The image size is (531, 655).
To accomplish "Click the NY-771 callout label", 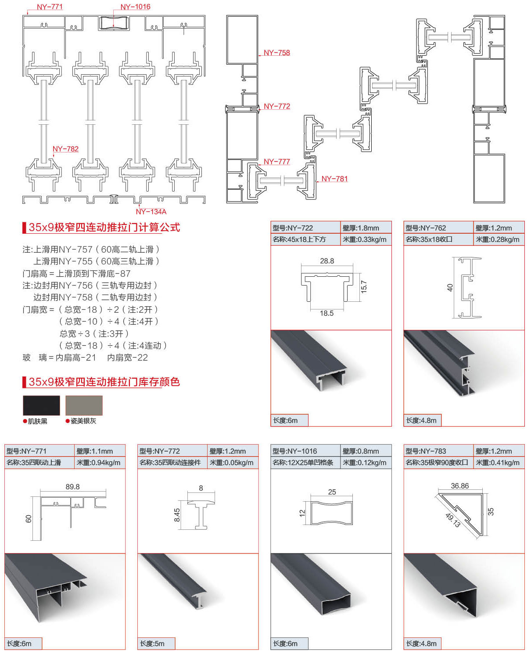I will coord(50,7).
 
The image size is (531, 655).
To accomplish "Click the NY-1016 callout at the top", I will coord(135,7).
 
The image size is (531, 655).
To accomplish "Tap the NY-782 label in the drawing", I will coord(65,149).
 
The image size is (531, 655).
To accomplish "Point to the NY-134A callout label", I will coord(151,212).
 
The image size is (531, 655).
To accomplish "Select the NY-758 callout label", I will coord(276,53).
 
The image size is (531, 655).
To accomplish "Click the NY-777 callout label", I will coord(276,162).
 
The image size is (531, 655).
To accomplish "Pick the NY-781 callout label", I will coord(334,179).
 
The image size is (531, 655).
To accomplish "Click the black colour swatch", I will coord(41,405).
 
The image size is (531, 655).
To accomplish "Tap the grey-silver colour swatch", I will coord(84,405).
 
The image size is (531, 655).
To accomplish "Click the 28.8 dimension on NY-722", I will coord(327,261).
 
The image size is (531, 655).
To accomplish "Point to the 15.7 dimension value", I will coord(364,286).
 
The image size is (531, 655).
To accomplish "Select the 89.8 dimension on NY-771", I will coord(72,487).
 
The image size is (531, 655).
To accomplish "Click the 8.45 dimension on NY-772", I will coord(177,515).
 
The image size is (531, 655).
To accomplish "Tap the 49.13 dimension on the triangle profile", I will coord(453,520).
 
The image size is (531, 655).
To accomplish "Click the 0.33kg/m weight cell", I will coord(366,239).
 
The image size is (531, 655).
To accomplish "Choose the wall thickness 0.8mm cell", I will coord(365,451).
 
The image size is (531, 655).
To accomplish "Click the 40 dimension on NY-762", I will coord(450,287).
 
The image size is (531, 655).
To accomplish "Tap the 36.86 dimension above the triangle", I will coord(459,486).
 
